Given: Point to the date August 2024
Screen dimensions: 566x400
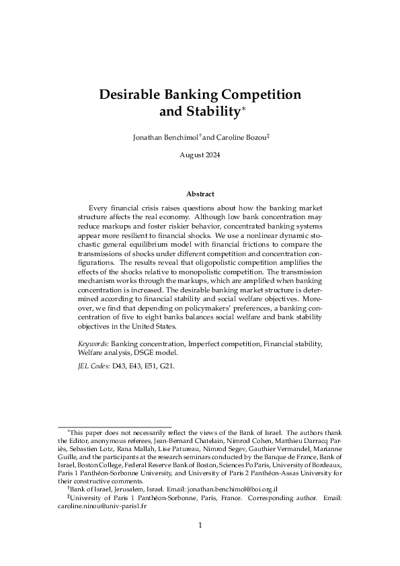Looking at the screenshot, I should pyautogui.click(x=200, y=155).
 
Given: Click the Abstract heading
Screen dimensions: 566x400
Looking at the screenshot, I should pyautogui.click(x=200, y=194).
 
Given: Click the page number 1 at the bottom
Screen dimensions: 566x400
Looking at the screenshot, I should pyautogui.click(x=200, y=525).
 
